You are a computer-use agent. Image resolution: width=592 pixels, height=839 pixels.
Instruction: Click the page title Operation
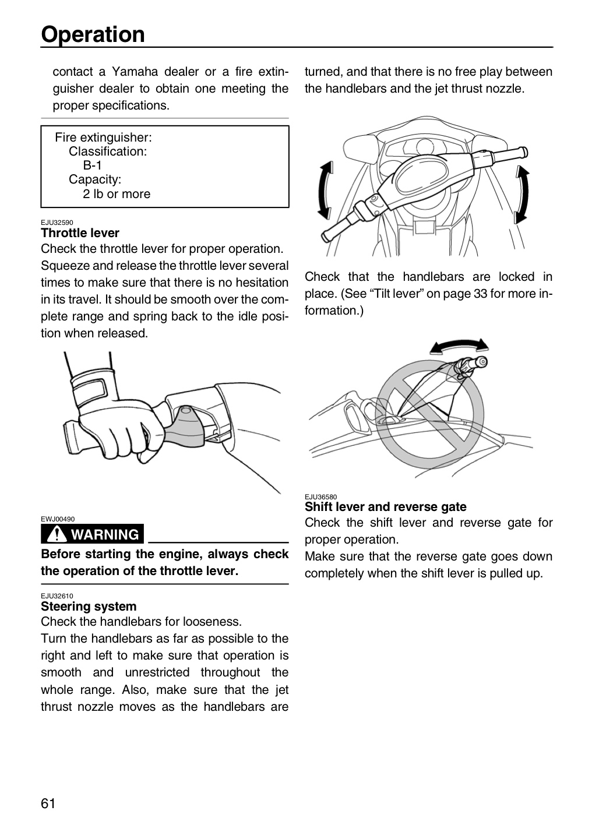click(93, 34)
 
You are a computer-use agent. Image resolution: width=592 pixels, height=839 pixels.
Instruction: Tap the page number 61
click(48, 803)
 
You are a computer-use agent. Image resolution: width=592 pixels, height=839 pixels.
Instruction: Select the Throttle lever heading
click(80, 233)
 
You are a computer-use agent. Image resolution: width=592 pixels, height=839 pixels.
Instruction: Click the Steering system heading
click(89, 606)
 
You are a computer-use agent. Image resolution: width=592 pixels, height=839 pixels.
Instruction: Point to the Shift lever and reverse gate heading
click(386, 507)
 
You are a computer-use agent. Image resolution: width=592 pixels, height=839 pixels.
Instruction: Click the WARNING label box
click(92, 534)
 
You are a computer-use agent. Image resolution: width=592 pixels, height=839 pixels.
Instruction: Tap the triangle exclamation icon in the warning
click(56, 533)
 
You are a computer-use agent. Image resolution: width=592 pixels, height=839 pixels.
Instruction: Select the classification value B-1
click(92, 165)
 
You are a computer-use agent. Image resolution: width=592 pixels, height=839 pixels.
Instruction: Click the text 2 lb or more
click(117, 194)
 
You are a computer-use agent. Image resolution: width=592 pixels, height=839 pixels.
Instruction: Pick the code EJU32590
click(57, 223)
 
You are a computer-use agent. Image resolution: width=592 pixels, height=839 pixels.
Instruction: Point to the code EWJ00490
click(58, 519)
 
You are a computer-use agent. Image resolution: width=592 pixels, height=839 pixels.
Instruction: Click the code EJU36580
click(320, 497)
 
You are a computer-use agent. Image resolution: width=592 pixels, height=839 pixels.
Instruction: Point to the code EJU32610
click(57, 596)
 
